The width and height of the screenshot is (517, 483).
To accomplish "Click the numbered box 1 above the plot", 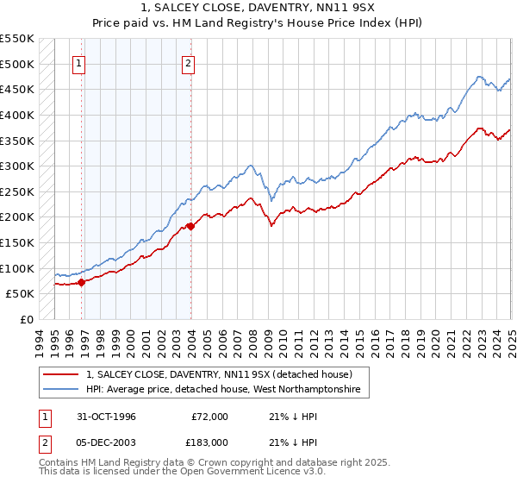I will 79,62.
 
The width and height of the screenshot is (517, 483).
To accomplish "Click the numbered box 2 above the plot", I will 188,62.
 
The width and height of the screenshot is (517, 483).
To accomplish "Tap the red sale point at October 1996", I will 81,281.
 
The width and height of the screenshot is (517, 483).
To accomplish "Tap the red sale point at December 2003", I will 190,225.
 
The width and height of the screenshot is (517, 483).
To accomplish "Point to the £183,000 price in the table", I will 207,442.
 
